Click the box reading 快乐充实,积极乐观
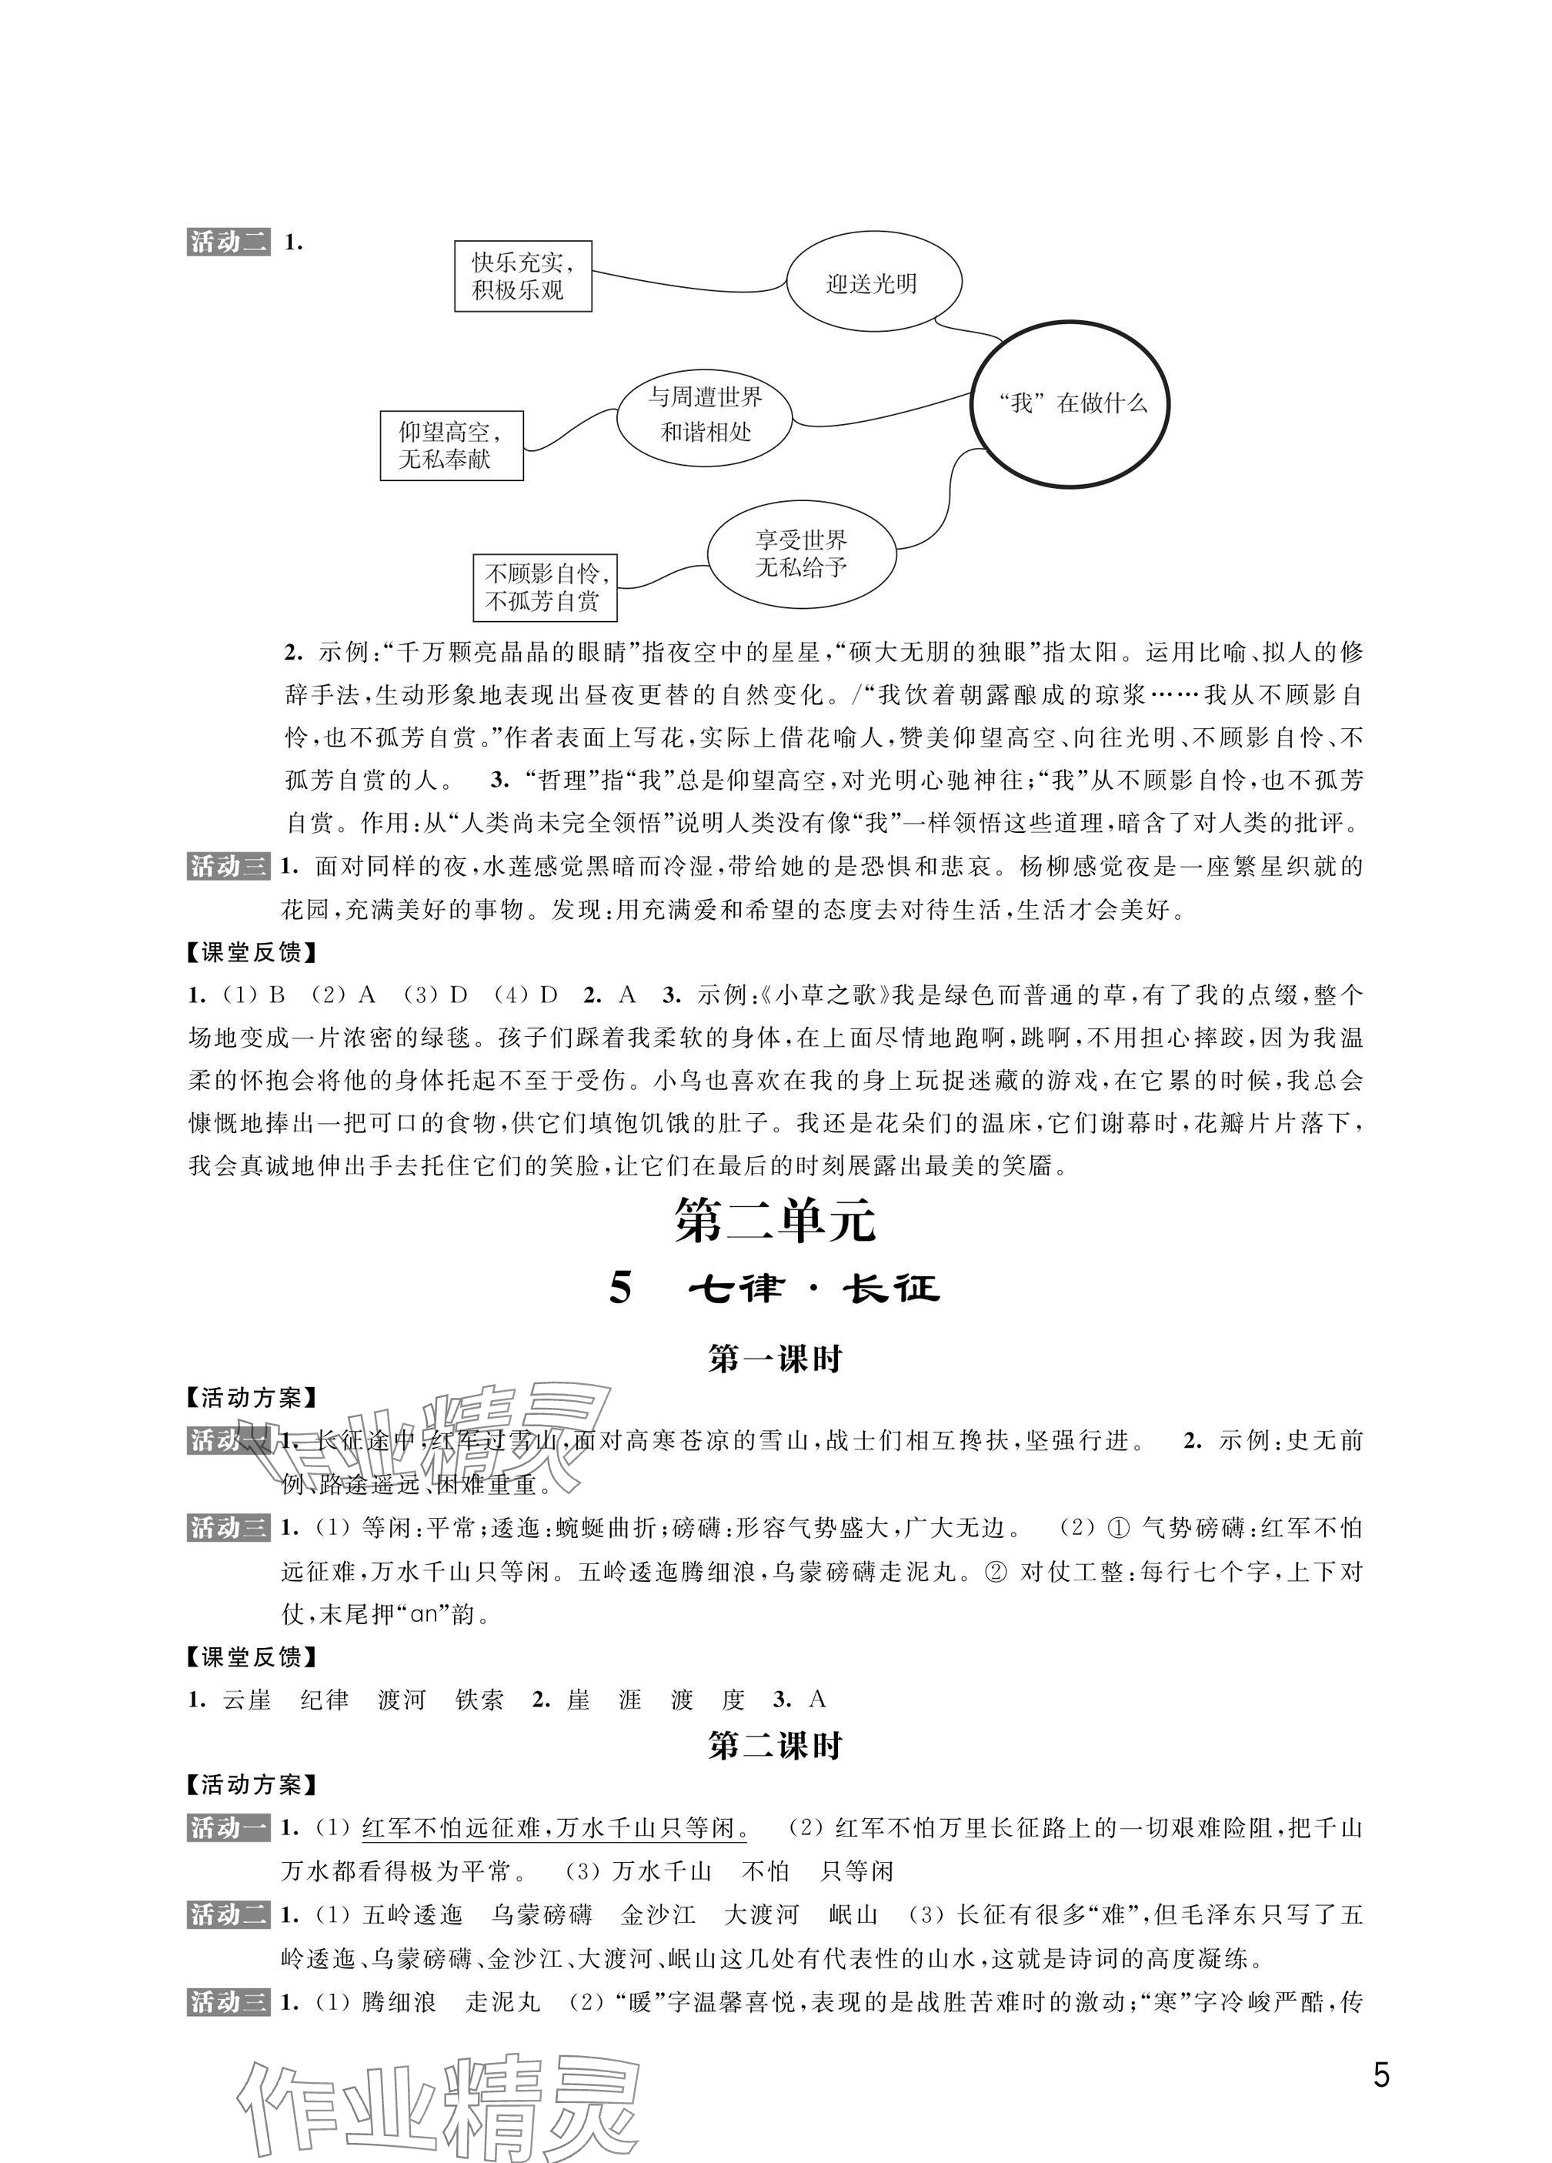tap(522, 276)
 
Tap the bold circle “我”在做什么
tap(1070, 403)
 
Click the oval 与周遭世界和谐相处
tap(706, 415)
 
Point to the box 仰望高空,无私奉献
tap(451, 446)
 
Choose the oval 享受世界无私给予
tap(802, 553)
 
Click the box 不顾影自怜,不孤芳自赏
tap(544, 587)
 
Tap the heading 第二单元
tap(774, 1222)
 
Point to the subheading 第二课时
tap(774, 1747)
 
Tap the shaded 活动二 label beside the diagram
tap(229, 242)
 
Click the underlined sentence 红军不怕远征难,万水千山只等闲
tap(554, 1828)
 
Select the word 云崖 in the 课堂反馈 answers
tap(247, 1700)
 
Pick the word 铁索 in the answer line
tap(479, 1700)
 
